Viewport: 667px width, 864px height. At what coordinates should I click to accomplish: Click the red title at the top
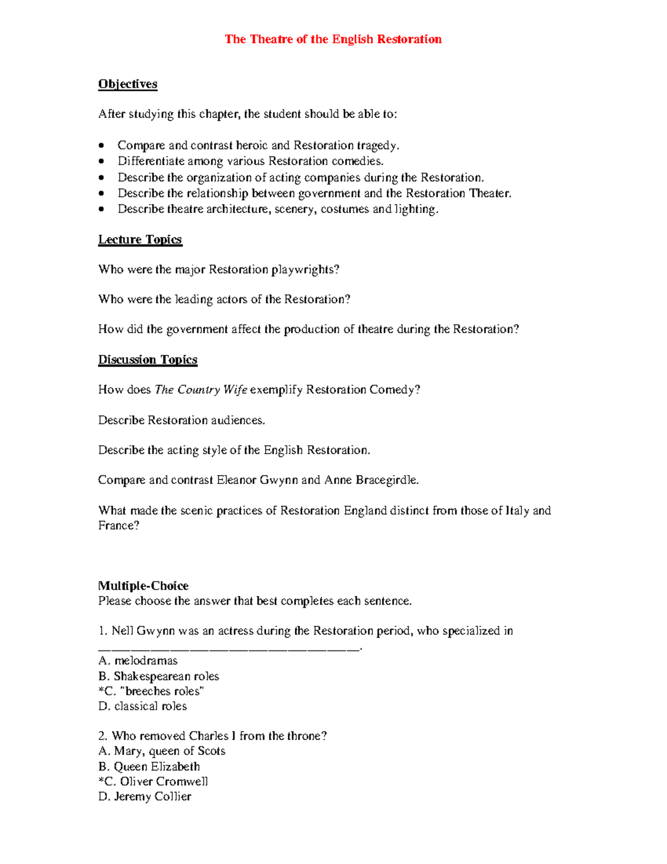(x=333, y=39)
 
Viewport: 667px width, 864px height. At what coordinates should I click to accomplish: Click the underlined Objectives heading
(x=128, y=84)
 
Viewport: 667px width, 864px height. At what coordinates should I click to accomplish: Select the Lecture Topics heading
(x=140, y=239)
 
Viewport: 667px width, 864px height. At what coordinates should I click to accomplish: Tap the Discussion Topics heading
(x=148, y=359)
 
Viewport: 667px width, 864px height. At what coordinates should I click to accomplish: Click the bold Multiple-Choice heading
(x=143, y=585)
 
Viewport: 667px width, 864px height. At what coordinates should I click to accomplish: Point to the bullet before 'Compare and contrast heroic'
(x=101, y=146)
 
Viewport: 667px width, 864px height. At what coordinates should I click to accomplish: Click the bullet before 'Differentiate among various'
(x=101, y=161)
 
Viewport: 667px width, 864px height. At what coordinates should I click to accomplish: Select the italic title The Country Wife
(x=201, y=389)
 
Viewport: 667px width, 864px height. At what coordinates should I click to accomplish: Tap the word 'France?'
(x=118, y=525)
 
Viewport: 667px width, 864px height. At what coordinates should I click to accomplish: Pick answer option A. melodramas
(x=138, y=660)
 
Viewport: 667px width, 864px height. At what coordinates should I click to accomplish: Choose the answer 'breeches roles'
(x=151, y=691)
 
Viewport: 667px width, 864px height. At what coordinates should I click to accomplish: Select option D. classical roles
(x=143, y=706)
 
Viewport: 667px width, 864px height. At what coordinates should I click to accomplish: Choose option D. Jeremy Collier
(x=145, y=796)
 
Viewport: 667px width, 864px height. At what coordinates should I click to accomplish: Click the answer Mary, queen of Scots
(x=162, y=751)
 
